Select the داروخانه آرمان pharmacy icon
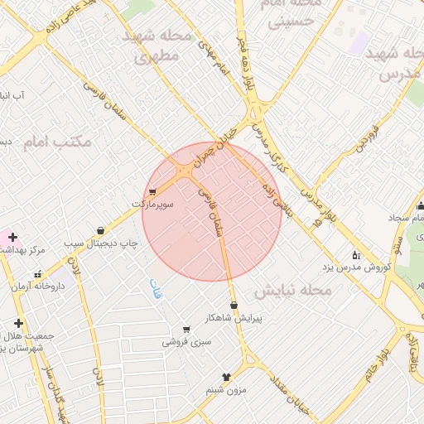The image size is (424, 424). coord(38,274)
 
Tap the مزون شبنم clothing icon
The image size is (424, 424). coord(224,377)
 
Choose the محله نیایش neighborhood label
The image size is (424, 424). coord(293,291)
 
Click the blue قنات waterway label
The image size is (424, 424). coord(155,289)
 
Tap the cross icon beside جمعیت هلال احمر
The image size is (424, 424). coord(18,323)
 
